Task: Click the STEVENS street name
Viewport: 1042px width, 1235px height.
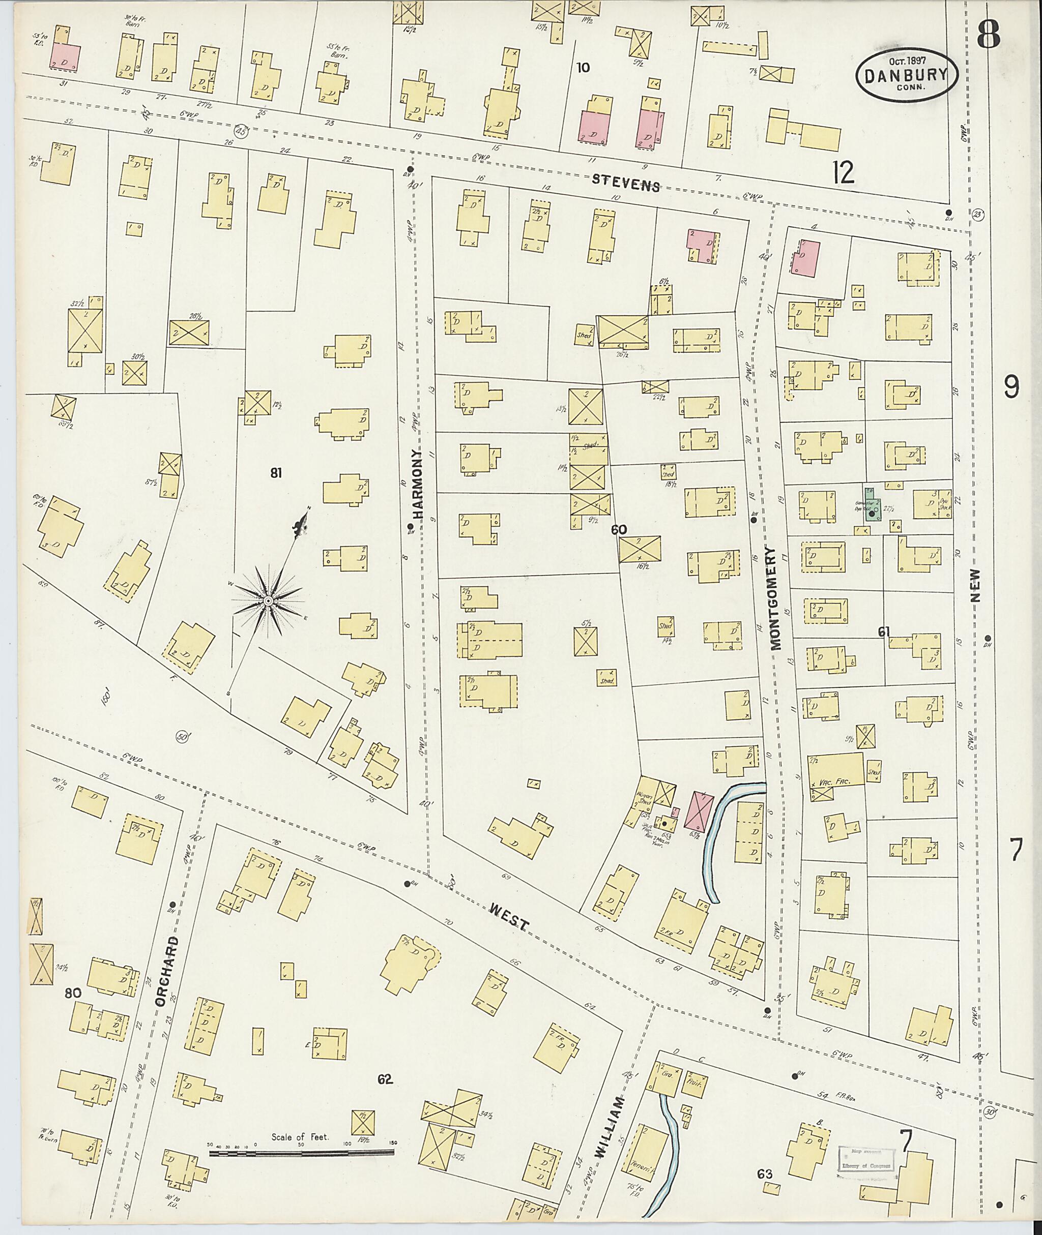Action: pos(626,184)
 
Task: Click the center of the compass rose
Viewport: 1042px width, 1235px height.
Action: pos(268,601)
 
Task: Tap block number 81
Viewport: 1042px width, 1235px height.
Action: pos(276,472)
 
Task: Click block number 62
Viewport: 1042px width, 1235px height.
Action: pos(385,1080)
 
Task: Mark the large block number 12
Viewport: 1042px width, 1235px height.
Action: pos(844,173)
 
